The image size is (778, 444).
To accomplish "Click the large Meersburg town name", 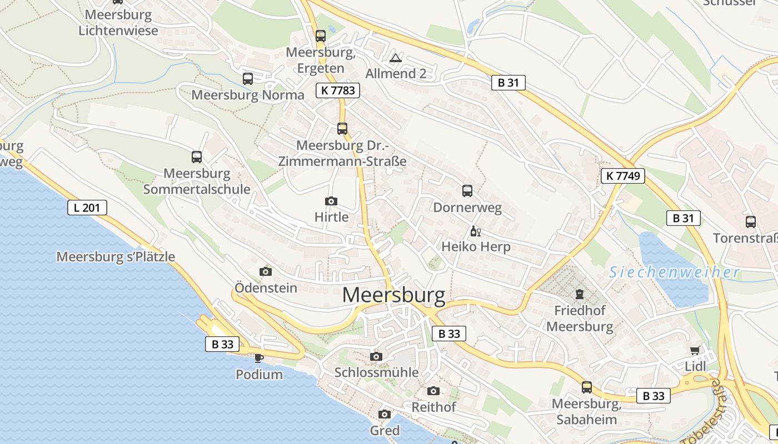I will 393,296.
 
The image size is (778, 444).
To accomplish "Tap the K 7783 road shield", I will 338,90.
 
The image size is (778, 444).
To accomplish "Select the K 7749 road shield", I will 622,176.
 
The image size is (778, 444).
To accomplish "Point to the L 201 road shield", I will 87,208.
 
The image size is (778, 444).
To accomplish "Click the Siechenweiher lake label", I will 674,273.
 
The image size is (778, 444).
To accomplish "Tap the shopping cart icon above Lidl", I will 695,351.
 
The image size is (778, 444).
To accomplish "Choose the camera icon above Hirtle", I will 331,201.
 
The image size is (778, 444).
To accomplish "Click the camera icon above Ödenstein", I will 266,271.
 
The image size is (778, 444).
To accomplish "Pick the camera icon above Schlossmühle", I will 376,356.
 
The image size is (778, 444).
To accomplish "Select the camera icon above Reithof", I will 433,391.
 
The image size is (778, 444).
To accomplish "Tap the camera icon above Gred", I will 385,414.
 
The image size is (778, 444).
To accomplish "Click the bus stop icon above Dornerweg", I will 467,191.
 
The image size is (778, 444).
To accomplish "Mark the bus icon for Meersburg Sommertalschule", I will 197,157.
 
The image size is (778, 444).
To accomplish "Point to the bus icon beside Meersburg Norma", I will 248,79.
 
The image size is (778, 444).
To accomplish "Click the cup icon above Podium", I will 258,358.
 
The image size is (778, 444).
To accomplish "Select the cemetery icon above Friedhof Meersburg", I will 580,294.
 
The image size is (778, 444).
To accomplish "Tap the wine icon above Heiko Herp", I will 475,231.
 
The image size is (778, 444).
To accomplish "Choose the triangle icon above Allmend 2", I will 396,58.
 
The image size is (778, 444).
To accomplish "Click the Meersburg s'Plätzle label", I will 116,257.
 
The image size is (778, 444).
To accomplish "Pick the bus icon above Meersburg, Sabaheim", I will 587,387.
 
